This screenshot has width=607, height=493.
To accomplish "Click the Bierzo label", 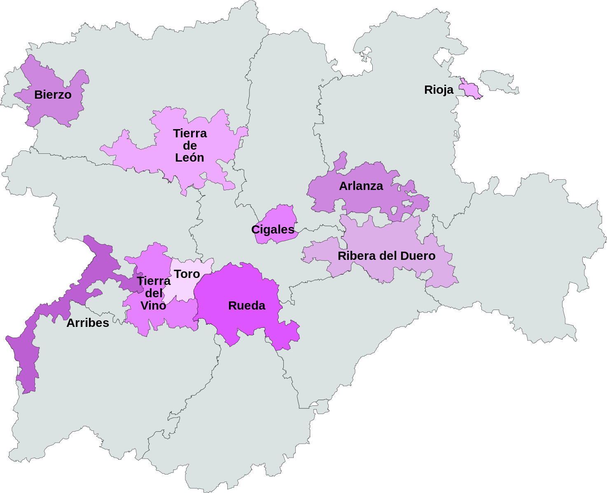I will coord(53,95).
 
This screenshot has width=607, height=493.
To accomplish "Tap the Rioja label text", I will coord(439,90).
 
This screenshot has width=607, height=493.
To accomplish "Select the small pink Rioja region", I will coord(470,89).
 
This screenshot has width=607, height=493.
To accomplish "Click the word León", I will coord(189,157).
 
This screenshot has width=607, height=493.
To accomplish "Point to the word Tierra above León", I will coord(190,133).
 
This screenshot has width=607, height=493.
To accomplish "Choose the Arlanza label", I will coord(361,186).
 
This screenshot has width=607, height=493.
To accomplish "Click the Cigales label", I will coord(273,229).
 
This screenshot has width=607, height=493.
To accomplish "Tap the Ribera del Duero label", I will coord(386,256).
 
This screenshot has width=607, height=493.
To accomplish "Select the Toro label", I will coord(187,274).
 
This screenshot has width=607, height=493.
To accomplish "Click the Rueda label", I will coord(247,306).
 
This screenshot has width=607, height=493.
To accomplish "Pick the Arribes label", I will coord(88,323).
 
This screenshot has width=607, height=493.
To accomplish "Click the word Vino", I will coord(153,306).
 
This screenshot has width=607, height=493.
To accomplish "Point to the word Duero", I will coord(417,256).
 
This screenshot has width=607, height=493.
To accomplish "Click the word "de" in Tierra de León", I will coord(190,146).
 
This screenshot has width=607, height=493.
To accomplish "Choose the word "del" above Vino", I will coord(154,294).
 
